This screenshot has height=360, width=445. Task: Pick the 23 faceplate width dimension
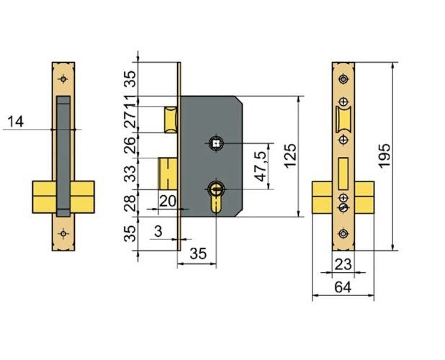pos(343,264)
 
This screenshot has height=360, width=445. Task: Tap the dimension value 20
pos(167,201)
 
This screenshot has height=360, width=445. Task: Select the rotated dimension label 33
pos(130,174)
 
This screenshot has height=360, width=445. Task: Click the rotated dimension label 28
pos(130,203)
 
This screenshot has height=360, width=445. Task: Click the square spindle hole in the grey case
pos(215,144)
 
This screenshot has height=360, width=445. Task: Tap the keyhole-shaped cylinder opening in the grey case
pos(216,194)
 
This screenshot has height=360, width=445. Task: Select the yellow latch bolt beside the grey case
pos(171,119)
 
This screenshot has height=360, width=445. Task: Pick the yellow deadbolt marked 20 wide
pos(168,174)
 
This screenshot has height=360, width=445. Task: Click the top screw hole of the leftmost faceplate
pos(64,78)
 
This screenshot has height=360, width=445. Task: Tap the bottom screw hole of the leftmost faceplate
pos(64,233)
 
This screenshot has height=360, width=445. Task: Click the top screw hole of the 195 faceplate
pos(343,78)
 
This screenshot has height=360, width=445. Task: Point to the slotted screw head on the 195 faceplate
pos(343,207)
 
